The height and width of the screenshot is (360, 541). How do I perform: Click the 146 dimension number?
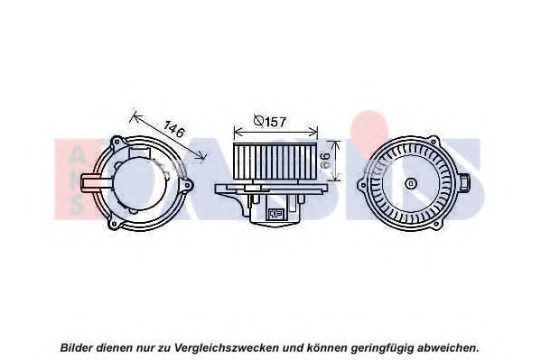(174, 129)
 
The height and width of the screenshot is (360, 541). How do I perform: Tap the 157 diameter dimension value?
(275, 122)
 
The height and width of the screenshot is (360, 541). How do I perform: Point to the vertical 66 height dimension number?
(325, 161)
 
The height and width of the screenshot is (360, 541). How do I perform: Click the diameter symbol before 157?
(259, 121)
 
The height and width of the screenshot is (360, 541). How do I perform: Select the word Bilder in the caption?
(77, 347)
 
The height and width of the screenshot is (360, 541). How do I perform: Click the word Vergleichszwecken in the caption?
(226, 347)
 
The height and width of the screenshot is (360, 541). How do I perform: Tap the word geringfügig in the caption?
(382, 347)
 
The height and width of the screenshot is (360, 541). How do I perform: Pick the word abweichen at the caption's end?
(446, 347)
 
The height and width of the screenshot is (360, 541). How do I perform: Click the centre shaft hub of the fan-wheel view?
(411, 184)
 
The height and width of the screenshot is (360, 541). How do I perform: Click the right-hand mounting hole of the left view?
(187, 185)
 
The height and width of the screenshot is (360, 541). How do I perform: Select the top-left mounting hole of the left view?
(117, 142)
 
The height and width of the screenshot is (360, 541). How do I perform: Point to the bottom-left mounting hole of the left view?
(115, 224)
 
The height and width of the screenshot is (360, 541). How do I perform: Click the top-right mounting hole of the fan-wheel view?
(434, 142)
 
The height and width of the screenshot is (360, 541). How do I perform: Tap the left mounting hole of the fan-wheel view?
(362, 185)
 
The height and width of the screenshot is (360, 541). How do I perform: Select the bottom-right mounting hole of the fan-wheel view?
(436, 224)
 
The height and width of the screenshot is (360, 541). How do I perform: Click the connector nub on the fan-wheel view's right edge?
(465, 182)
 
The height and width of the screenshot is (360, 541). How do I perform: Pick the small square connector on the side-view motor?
(275, 214)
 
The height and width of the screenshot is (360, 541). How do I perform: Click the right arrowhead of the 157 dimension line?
(314, 132)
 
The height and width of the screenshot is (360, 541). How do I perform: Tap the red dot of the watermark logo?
(368, 129)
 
